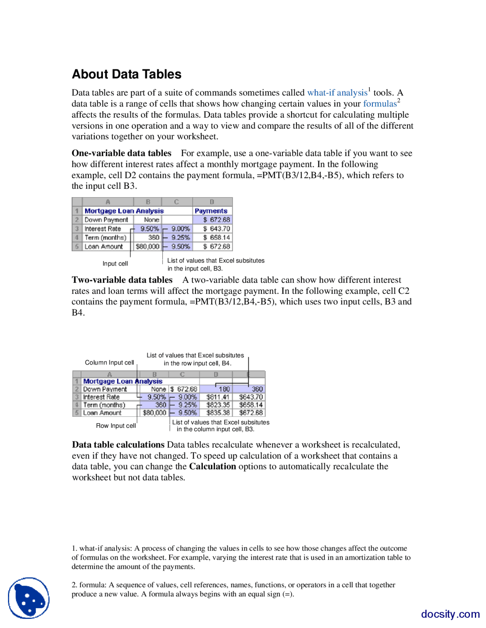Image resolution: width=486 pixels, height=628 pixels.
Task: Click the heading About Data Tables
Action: coord(126,74)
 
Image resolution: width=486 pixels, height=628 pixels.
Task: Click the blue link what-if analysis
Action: coord(337,93)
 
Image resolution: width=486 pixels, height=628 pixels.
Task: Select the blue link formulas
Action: coord(380,104)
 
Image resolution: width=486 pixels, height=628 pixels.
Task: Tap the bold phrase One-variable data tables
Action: coord(121,153)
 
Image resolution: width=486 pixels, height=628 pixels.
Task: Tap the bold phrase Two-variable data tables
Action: coord(122,280)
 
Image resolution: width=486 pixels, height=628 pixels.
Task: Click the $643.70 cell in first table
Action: coord(216,229)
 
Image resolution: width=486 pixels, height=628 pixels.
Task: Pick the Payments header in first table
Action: coord(211,211)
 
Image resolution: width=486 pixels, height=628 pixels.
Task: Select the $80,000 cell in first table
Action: coord(147,246)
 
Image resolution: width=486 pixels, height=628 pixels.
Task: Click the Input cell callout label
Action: coord(115,264)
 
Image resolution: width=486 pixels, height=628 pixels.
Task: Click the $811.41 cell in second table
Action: coord(218,397)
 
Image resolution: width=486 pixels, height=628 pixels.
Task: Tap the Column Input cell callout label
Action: coord(109,363)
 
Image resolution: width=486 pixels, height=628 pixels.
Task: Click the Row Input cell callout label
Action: coord(116,426)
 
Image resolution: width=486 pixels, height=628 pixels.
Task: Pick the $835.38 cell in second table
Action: coord(218,413)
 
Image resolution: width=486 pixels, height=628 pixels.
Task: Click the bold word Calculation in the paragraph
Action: coord(213,466)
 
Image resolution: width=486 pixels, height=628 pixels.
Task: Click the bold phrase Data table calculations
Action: coord(118,445)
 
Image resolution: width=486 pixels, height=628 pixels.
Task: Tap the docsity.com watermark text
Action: coord(450,614)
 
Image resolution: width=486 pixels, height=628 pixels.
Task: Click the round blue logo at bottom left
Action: coord(29,598)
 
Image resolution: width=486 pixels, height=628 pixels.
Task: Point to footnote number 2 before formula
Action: coord(74,585)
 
